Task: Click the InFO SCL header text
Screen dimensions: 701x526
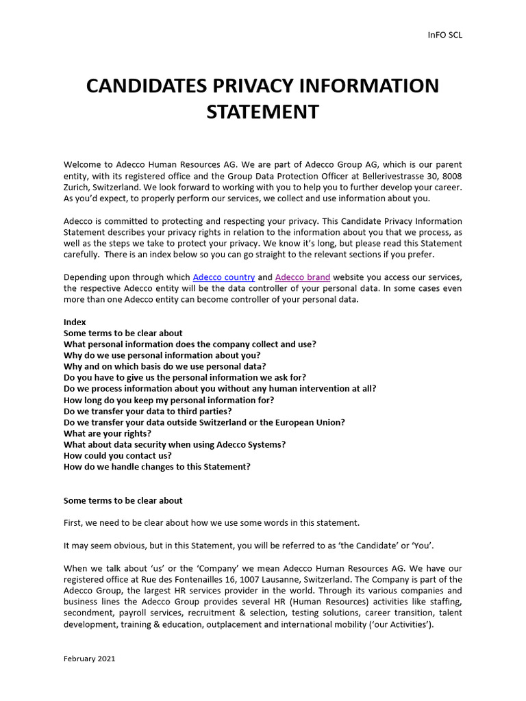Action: (444, 35)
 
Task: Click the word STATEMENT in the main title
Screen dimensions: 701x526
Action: (263, 112)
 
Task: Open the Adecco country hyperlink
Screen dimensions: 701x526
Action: (224, 277)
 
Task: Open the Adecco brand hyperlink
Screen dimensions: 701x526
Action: (302, 277)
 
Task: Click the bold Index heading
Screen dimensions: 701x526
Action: (75, 322)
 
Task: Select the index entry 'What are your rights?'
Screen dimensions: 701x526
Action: (108, 433)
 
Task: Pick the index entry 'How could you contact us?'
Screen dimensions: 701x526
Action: (117, 455)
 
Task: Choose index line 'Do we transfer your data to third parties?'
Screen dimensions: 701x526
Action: (147, 411)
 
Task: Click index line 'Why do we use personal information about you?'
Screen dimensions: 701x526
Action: (162, 355)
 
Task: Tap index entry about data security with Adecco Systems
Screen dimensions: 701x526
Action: (175, 444)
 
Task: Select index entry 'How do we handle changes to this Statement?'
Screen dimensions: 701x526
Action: (157, 467)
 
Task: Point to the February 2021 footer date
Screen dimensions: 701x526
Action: (89, 659)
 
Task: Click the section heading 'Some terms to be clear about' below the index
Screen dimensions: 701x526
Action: (123, 500)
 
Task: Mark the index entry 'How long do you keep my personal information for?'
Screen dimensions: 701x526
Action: (168, 400)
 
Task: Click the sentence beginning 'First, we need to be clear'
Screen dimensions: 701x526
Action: (211, 522)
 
